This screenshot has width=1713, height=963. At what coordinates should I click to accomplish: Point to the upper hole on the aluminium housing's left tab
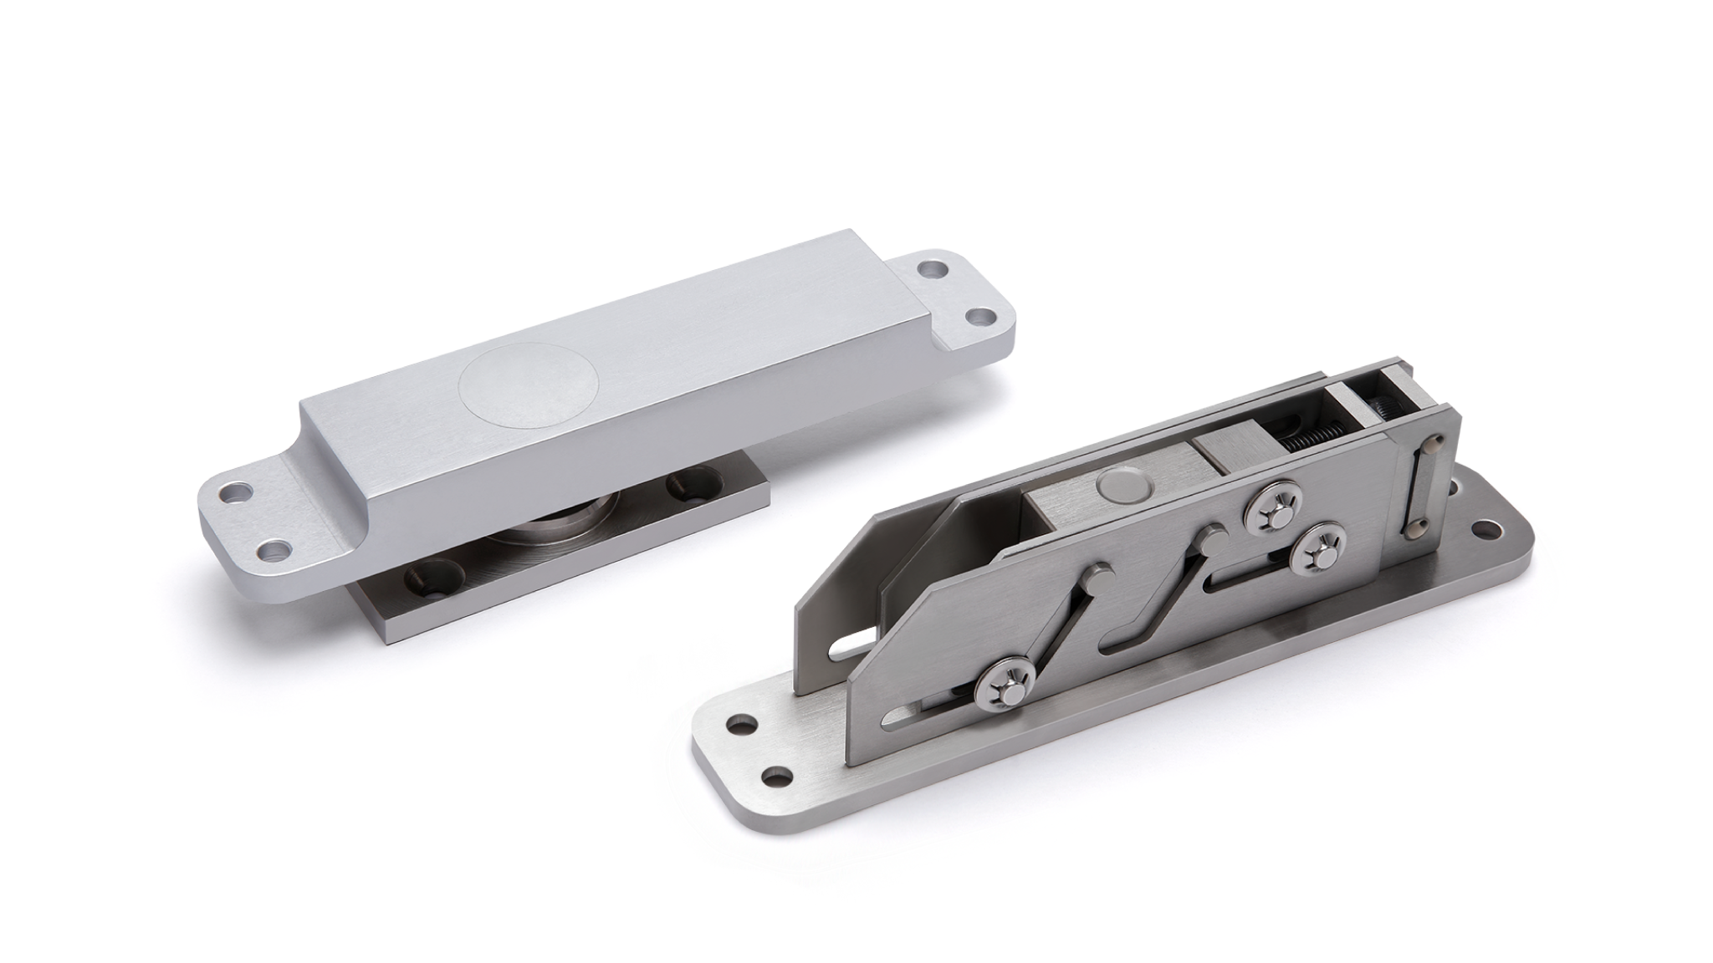click(x=233, y=492)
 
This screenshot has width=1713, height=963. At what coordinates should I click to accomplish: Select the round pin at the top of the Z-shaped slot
click(x=1209, y=538)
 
